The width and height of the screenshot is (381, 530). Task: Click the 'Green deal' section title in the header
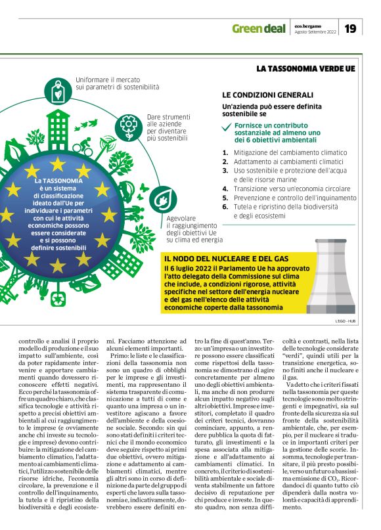pos(259,29)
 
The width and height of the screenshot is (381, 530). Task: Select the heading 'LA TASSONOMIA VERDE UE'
pos(305,68)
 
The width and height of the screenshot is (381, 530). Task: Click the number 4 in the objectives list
pos(225,187)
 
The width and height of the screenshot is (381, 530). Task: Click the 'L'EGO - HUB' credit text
pos(345,320)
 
